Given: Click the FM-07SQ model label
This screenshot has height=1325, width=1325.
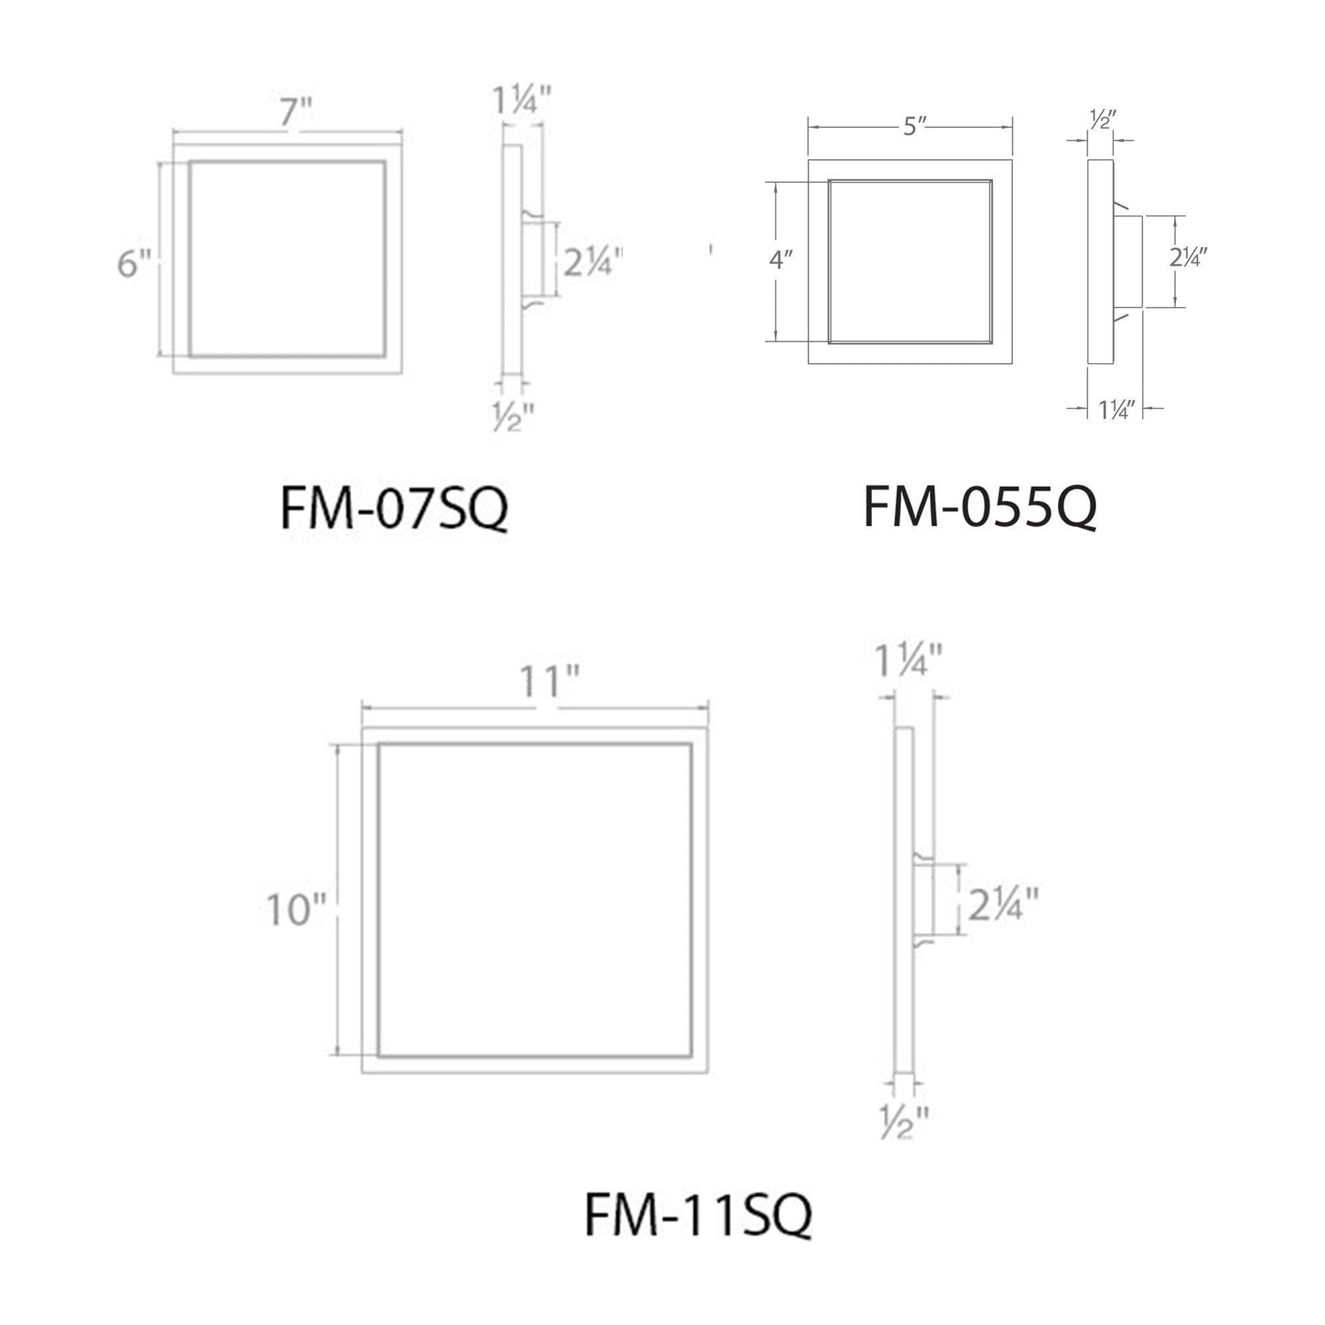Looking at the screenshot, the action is pyautogui.click(x=394, y=508).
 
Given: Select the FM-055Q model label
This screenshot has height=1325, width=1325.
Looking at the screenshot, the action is pyautogui.click(x=980, y=507).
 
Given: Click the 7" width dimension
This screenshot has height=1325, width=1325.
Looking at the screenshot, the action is pyautogui.click(x=295, y=112).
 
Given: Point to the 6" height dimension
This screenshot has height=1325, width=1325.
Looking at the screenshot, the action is pyautogui.click(x=134, y=264).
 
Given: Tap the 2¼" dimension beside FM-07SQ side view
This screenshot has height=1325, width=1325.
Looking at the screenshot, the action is pyautogui.click(x=594, y=262).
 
